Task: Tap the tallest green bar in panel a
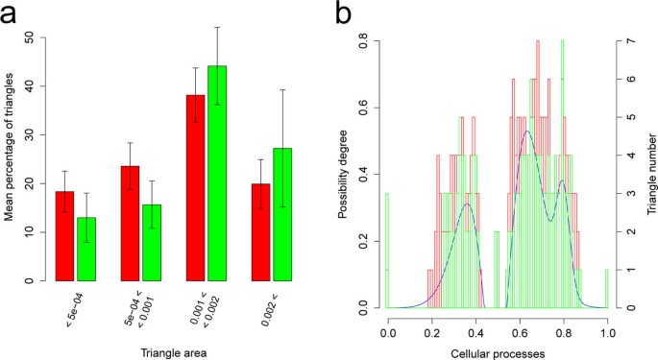pos(217,174)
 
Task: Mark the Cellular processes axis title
pos(497,352)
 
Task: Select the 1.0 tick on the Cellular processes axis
pos(607,329)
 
